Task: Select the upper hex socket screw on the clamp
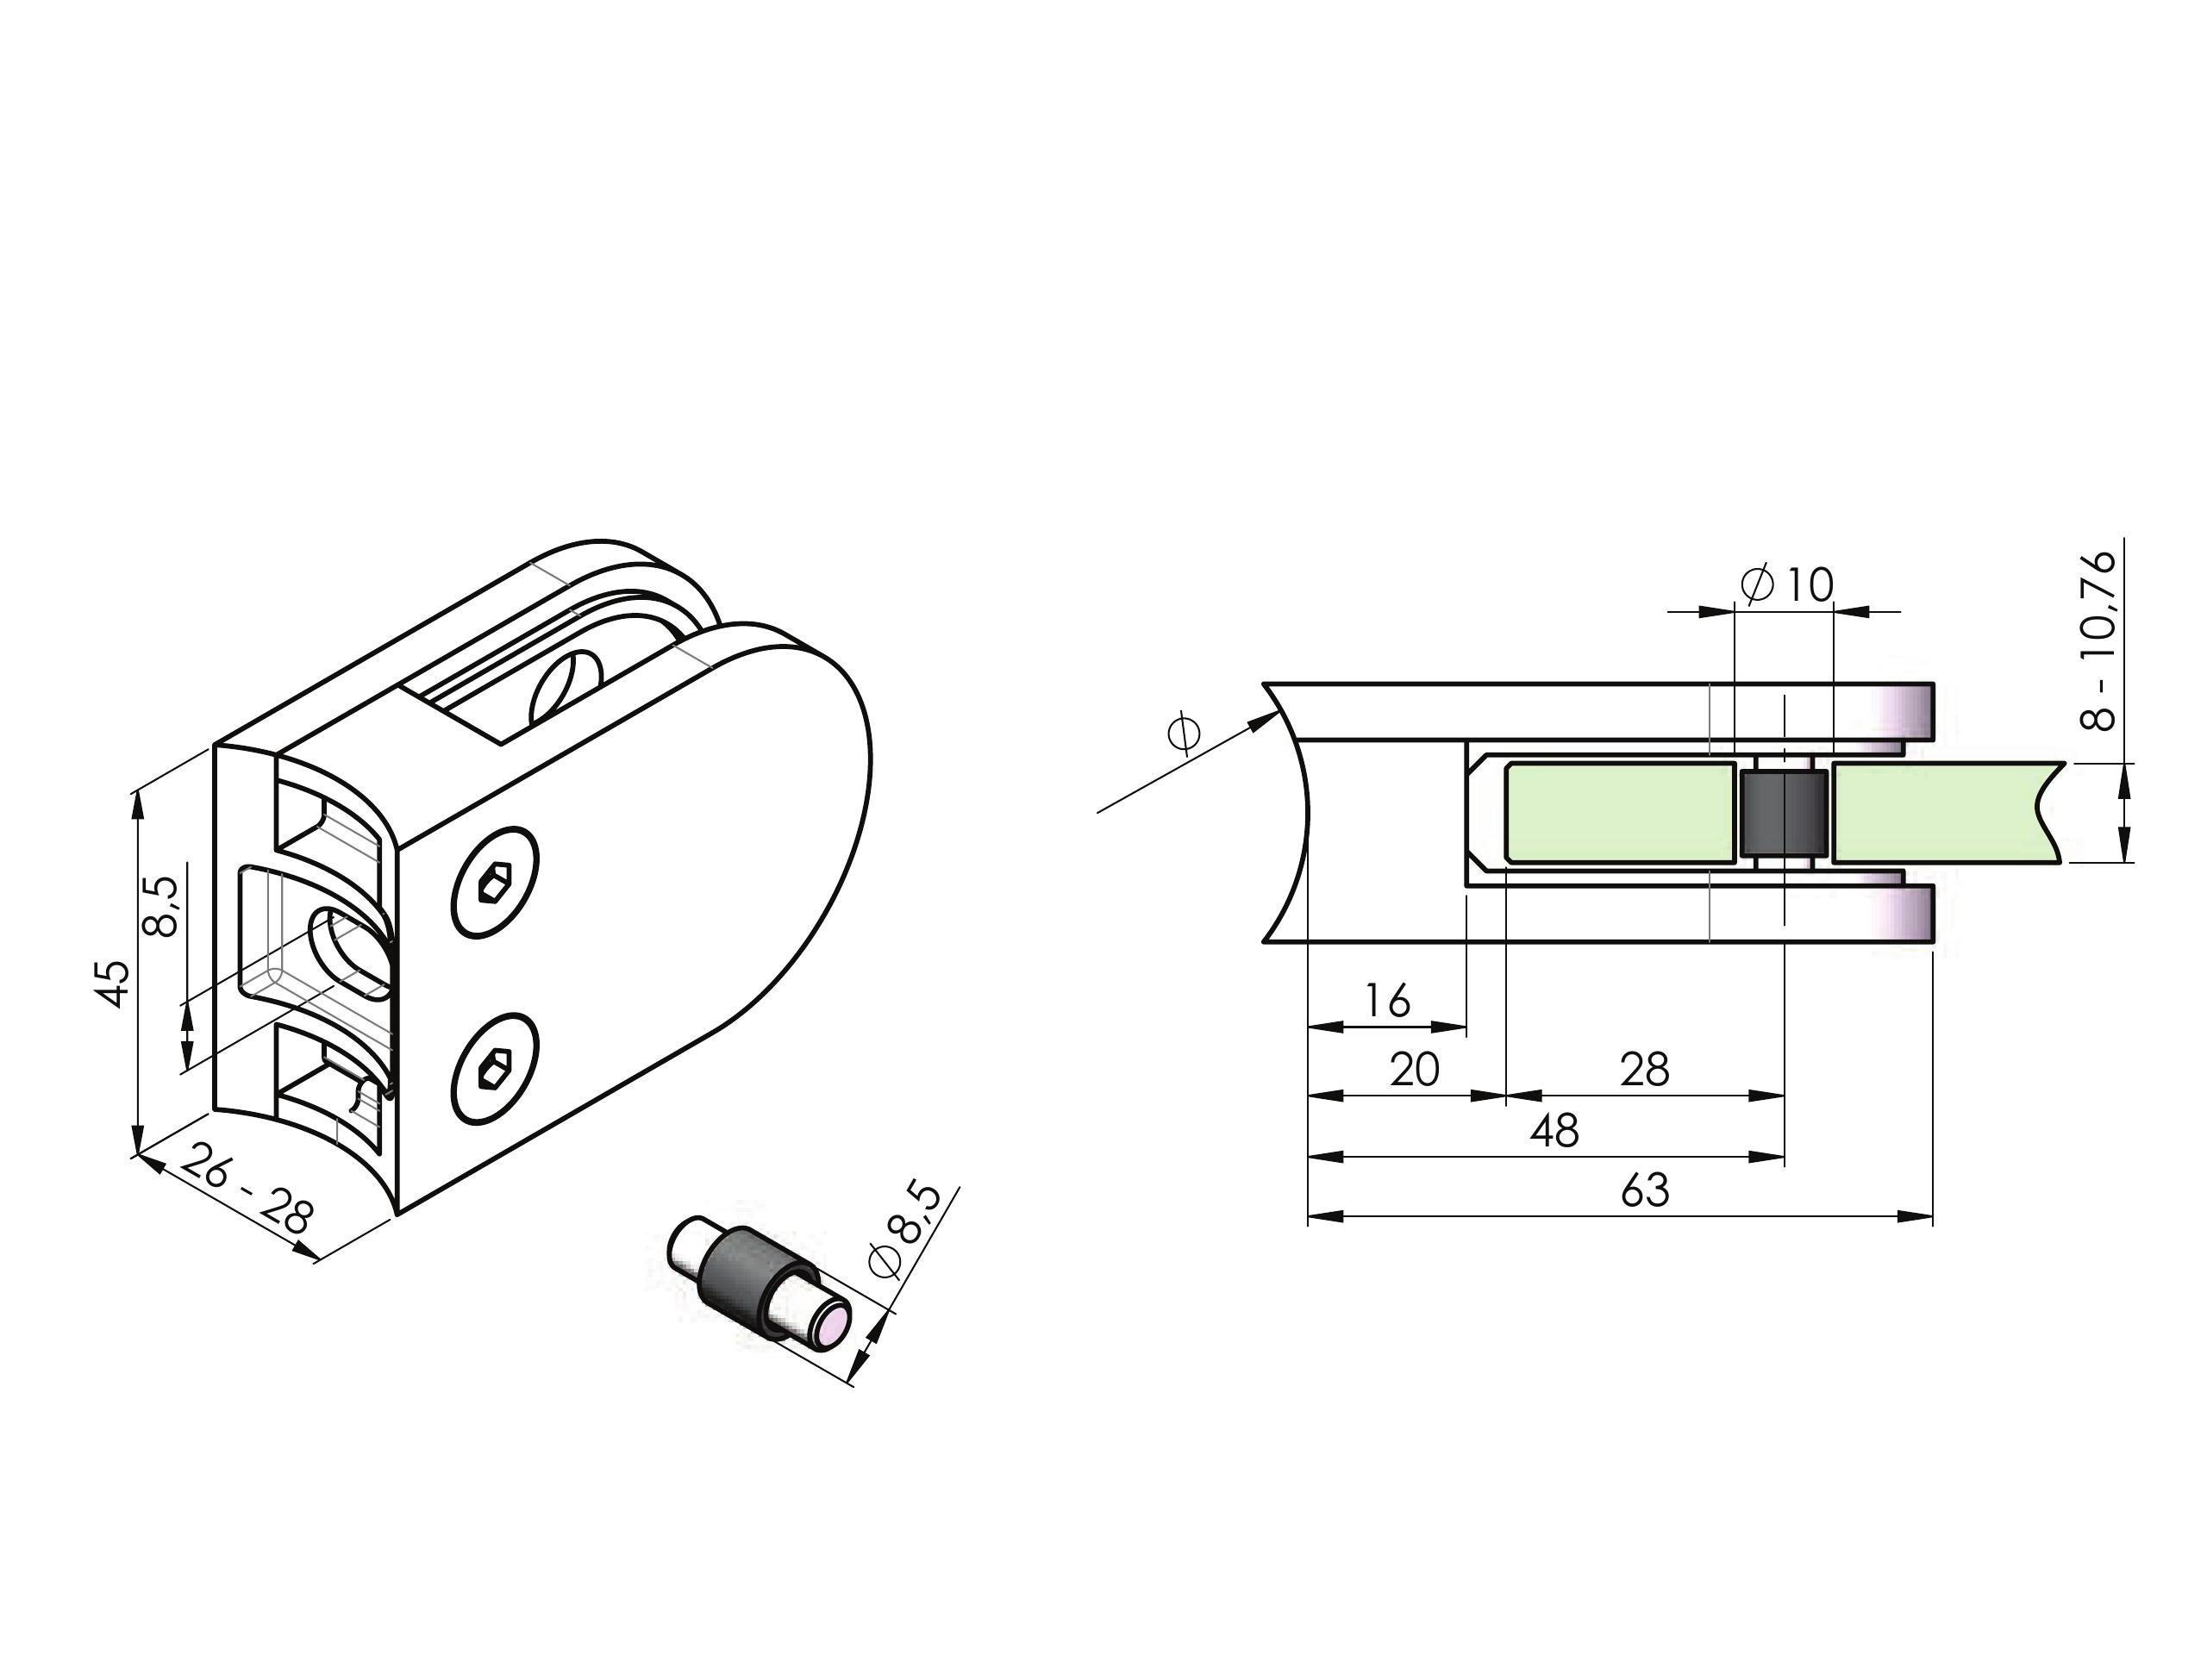coord(495,883)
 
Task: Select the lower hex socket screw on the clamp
coord(495,1071)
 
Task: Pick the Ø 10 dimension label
coord(1786,585)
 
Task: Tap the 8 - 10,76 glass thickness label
coord(2098,640)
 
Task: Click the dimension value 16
coord(1387,1000)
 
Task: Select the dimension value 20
coord(1414,1070)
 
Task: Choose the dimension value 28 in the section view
coord(1644,1070)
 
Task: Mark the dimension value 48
coord(1554,1130)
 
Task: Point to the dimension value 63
coord(1645,1190)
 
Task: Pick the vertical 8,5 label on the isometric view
coord(161,906)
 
